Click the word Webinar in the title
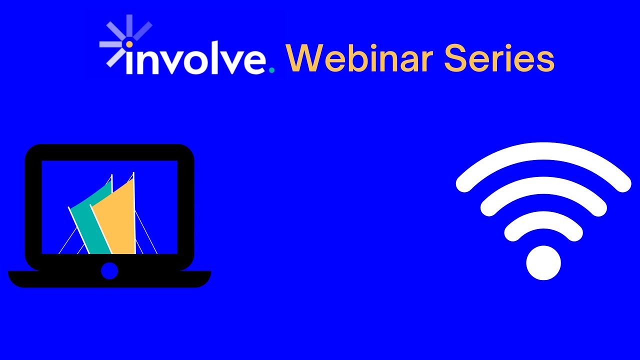(359, 58)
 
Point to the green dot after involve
(271, 70)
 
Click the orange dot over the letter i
(129, 44)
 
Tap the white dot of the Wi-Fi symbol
(543, 262)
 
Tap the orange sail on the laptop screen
(117, 220)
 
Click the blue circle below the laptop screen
(109, 271)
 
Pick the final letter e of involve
(254, 62)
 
